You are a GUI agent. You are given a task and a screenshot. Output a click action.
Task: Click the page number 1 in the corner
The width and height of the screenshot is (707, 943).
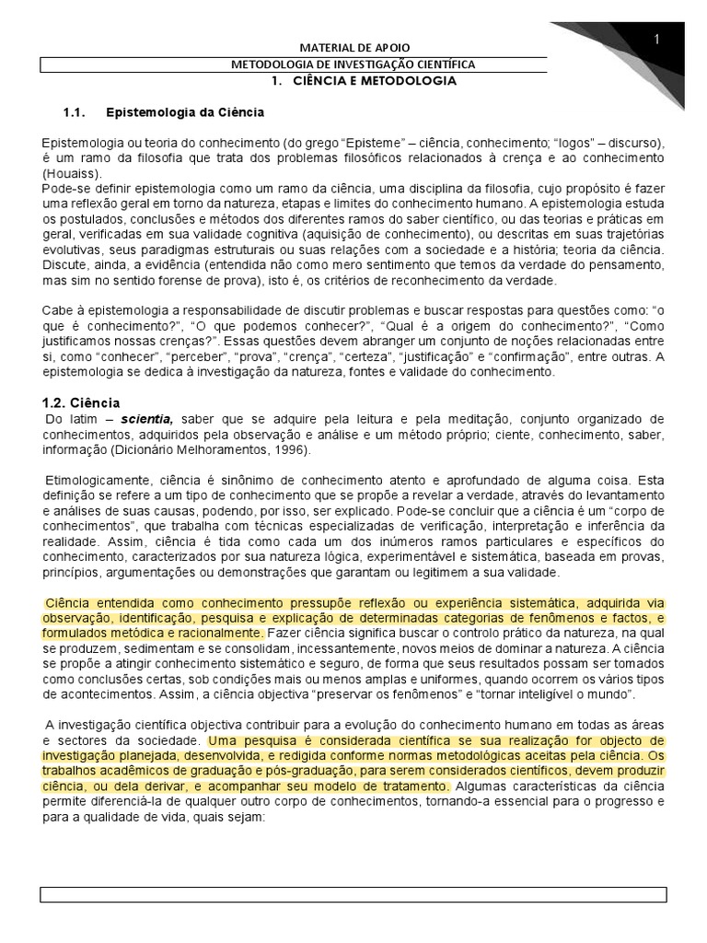click(657, 39)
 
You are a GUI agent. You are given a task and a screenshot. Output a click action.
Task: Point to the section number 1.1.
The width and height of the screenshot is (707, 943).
click(73, 112)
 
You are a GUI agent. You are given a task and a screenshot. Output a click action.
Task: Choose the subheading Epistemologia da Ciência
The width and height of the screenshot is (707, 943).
click(185, 112)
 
